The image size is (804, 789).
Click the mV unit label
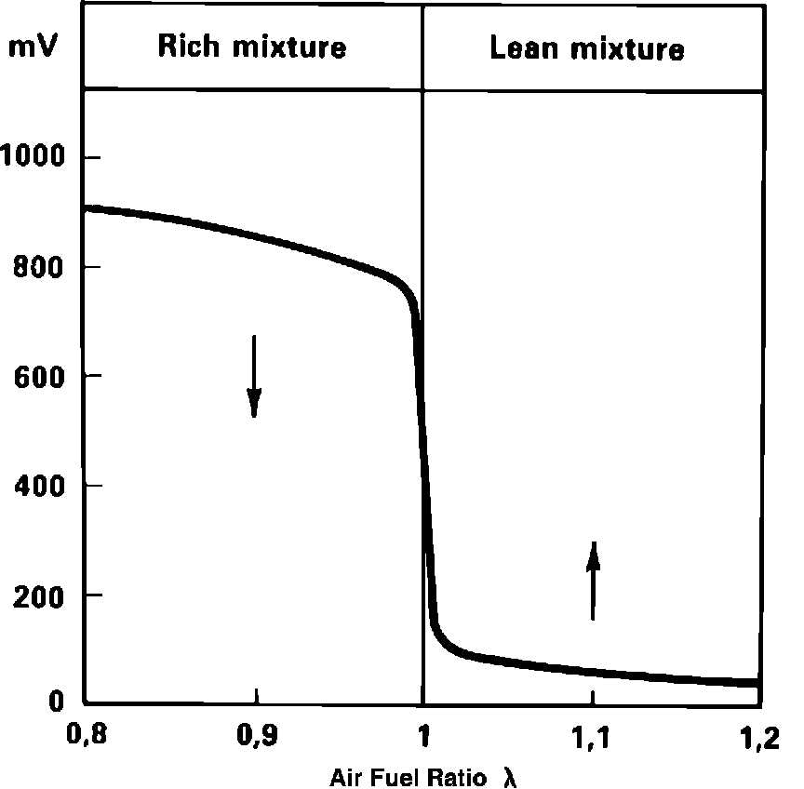click(x=33, y=47)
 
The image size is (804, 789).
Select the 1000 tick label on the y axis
click(x=37, y=157)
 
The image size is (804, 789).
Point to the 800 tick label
click(x=45, y=267)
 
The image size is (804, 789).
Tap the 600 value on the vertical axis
click(x=45, y=376)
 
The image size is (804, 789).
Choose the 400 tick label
click(x=45, y=485)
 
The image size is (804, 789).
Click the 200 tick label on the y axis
click(x=45, y=595)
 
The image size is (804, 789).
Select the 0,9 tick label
click(x=254, y=740)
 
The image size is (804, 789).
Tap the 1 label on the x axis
click(x=423, y=740)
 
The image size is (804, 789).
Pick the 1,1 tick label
click(x=593, y=740)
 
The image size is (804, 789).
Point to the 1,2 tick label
click(x=760, y=740)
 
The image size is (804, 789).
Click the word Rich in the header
click(x=187, y=47)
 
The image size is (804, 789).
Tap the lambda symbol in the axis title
click(x=509, y=776)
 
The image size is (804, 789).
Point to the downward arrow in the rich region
click(x=253, y=376)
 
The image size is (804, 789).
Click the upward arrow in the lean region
click(x=593, y=581)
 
